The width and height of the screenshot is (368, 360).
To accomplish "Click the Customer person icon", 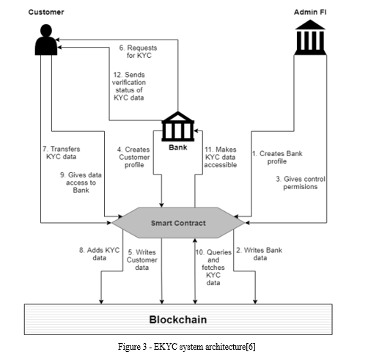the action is pos(46,40).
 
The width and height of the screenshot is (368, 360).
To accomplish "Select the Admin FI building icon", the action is pos(310,37).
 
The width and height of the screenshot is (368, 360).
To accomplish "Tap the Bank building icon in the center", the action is pos(178,126).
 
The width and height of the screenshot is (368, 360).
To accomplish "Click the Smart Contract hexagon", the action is pos(178,223).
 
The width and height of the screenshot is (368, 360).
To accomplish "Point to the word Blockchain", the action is pos(178,320).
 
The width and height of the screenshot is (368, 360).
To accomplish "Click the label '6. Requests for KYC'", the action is pos(139,51).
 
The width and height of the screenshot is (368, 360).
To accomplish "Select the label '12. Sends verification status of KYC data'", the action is pos(129,86).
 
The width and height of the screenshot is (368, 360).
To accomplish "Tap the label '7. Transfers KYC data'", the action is pos(62,153).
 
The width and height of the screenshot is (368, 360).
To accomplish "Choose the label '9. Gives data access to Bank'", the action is pos(81,183).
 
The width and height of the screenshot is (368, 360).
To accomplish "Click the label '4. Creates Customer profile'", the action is pos(134,157).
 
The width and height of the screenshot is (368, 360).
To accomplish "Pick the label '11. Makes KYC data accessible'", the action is pos(221,157).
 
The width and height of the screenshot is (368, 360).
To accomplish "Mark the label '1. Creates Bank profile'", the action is pos(277,158).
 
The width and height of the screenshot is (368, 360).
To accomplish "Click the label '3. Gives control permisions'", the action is pos(301,183).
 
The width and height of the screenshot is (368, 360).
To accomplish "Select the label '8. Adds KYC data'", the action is pos(100,254).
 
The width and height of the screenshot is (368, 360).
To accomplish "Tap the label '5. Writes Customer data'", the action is pos(142,260).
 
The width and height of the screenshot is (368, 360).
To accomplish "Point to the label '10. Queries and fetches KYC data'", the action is pos(213,268).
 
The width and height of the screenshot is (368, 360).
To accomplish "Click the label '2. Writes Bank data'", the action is pos(260,254).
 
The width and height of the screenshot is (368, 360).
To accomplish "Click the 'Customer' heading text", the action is pos(46,12).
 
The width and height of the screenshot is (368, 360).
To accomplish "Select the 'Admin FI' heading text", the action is pos(310,12).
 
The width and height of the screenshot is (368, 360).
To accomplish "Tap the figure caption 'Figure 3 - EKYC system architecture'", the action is pos(186,347).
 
